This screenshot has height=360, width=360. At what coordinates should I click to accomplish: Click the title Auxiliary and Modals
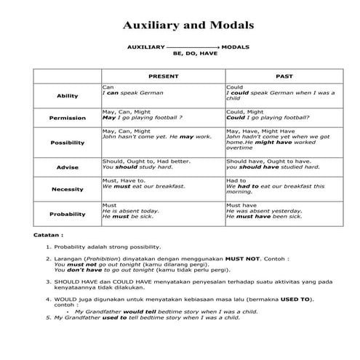click(x=188, y=25)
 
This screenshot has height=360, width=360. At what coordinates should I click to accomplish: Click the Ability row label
click(x=67, y=96)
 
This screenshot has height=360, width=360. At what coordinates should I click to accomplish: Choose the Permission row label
click(x=67, y=118)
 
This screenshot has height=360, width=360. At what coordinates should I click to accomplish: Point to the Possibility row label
click(x=67, y=143)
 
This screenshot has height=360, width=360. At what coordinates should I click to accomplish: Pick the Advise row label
click(x=67, y=167)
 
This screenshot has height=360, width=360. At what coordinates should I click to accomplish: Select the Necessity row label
click(x=67, y=189)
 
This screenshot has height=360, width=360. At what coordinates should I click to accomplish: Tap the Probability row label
click(x=67, y=214)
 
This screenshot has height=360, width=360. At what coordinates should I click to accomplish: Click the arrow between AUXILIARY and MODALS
click(x=193, y=46)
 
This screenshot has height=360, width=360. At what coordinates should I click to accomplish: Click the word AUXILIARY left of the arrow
click(x=146, y=46)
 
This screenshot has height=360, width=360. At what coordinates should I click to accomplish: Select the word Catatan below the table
click(x=48, y=236)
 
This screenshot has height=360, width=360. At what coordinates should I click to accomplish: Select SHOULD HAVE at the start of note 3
click(x=73, y=279)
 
